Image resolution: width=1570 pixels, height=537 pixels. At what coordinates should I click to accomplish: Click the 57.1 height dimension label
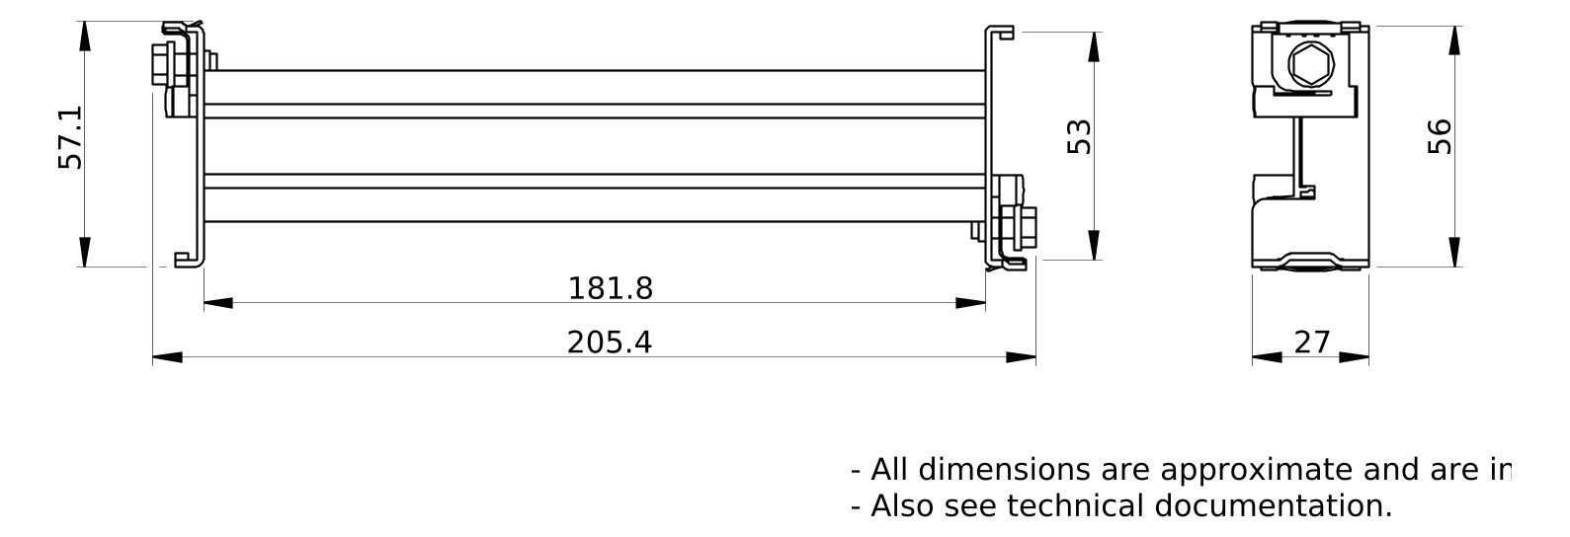[70, 137]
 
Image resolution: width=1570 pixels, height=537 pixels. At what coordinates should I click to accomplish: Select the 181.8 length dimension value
[610, 288]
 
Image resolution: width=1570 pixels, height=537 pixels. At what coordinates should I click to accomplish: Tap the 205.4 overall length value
[609, 342]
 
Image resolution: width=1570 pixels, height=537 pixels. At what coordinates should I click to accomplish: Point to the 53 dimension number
[1080, 136]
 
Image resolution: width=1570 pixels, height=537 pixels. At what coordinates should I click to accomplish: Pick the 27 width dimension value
[1311, 342]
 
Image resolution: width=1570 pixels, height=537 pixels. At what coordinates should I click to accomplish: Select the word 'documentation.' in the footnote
[1273, 505]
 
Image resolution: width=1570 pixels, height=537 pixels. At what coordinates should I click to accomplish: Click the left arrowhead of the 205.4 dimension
[168, 357]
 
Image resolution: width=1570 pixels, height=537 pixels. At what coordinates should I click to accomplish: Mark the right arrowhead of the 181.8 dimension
[970, 303]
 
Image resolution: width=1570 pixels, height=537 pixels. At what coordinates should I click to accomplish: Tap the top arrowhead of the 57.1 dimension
[85, 37]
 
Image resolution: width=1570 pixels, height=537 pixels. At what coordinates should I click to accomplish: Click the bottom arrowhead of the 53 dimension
[1094, 245]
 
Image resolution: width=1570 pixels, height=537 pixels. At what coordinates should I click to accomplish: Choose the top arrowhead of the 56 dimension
[1454, 40]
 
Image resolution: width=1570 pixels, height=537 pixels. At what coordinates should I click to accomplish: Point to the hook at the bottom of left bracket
[184, 260]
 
